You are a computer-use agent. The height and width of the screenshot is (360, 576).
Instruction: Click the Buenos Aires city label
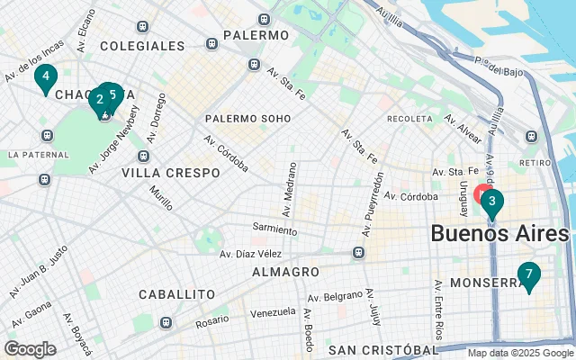(499, 233)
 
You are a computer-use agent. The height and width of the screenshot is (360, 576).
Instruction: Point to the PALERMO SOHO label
(247, 118)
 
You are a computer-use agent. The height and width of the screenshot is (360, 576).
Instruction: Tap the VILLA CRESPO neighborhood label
(170, 172)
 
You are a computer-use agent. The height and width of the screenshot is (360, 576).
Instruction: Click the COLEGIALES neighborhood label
(142, 45)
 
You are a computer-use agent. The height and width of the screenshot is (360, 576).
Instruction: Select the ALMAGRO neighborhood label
(285, 271)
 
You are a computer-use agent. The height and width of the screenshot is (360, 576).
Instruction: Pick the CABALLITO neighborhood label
(176, 294)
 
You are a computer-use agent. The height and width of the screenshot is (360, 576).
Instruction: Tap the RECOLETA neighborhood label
(409, 119)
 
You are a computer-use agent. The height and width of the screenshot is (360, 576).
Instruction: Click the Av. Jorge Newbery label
(114, 140)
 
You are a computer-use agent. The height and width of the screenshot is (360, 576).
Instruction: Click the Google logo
(30, 349)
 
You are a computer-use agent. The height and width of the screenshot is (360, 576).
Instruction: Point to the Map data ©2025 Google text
(518, 353)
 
